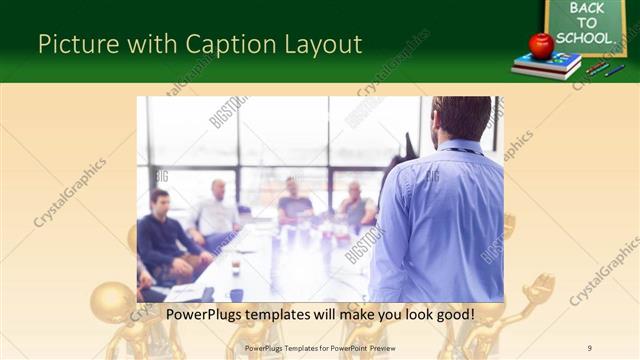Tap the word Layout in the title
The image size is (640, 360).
319,44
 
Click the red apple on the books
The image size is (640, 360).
541,45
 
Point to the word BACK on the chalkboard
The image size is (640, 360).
587,8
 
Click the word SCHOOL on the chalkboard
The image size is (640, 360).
584,38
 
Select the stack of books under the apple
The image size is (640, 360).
546,66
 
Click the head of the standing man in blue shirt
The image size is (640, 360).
462,117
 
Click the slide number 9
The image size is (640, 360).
590,348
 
